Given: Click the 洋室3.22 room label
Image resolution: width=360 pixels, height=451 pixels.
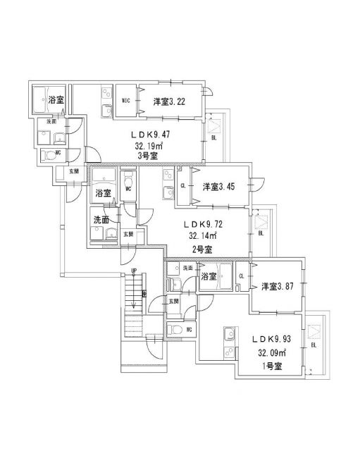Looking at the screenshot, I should click(x=169, y=101).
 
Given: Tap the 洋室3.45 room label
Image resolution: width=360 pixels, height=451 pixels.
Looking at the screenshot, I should click(x=218, y=187).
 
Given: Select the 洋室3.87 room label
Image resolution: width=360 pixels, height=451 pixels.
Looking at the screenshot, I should click(x=276, y=286).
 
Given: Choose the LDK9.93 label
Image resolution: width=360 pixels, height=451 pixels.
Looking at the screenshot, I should click(x=271, y=339).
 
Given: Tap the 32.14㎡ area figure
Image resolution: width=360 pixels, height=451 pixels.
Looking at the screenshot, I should click(x=201, y=235).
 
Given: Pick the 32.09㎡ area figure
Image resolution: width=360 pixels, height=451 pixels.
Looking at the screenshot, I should click(x=271, y=352).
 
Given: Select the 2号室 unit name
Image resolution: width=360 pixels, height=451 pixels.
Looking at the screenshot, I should click(x=201, y=249).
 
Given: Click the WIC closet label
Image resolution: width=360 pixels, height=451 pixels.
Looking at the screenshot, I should click(x=128, y=101).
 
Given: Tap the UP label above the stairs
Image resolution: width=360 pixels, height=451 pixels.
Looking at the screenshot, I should click(x=133, y=271).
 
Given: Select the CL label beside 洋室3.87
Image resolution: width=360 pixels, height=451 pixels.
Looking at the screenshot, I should click(x=242, y=276).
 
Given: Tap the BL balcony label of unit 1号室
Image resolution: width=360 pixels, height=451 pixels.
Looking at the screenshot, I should click(x=313, y=346).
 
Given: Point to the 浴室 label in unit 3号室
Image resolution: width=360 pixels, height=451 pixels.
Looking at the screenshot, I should click(x=56, y=101).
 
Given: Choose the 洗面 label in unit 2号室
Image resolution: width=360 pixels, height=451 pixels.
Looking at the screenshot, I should click(x=101, y=219).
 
